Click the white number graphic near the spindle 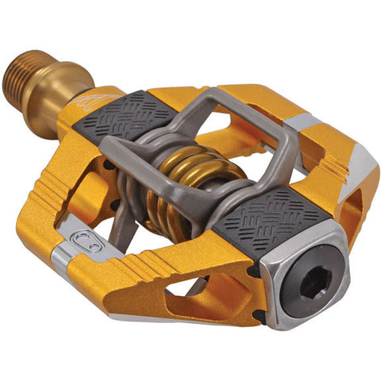89,100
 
